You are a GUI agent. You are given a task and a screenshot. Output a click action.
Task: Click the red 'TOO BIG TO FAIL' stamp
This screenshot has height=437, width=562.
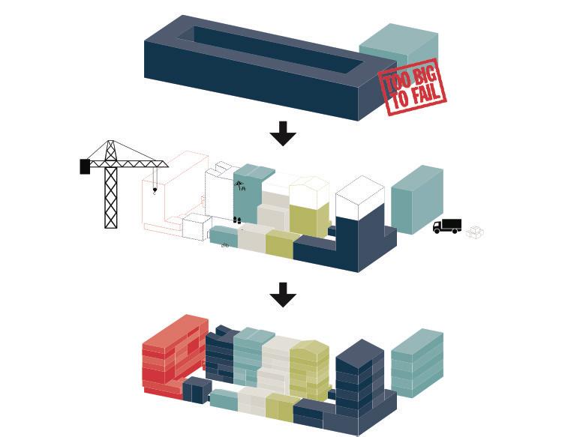[x=412, y=87]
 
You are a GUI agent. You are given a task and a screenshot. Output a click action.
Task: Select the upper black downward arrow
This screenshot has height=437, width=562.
[x=283, y=133]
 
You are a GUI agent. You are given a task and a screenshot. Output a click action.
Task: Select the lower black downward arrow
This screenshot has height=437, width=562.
[x=283, y=295]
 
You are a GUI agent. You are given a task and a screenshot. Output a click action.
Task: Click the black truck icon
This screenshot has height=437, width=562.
[x=447, y=226]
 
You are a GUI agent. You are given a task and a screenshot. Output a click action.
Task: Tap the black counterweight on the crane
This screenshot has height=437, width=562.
[x=85, y=166]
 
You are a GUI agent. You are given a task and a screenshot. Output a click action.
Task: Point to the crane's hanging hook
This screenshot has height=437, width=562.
[x=155, y=190]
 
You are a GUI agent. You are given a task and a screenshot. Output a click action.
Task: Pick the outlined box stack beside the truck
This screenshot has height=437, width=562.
[x=474, y=232]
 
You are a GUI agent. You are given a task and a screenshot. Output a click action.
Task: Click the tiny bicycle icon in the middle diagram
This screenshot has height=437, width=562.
[x=225, y=245]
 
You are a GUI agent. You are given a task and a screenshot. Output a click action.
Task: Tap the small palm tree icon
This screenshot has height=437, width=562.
[x=239, y=184]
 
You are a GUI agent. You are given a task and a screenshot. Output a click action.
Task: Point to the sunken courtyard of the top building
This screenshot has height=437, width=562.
[x=274, y=49]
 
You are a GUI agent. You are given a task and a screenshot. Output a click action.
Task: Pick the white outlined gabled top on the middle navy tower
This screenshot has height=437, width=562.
[x=359, y=196]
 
